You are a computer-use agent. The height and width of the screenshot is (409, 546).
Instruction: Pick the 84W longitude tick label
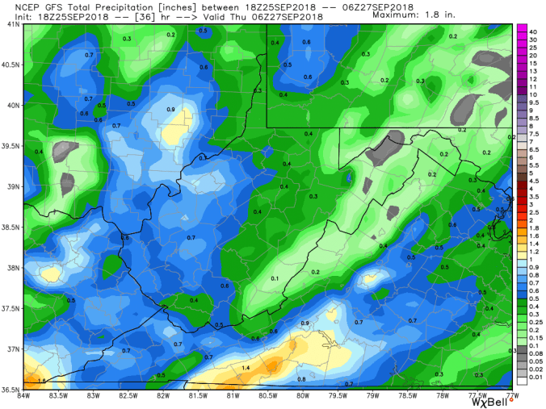[24, 395]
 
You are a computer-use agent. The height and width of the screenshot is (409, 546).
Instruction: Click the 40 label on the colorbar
[534, 31]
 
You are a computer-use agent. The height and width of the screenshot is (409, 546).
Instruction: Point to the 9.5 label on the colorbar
[534, 103]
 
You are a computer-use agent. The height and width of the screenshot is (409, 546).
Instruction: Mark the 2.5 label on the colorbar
[534, 212]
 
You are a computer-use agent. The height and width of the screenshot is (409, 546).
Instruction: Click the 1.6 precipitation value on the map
[41, 380]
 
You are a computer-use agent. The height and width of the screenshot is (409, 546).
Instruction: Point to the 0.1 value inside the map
[275, 278]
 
